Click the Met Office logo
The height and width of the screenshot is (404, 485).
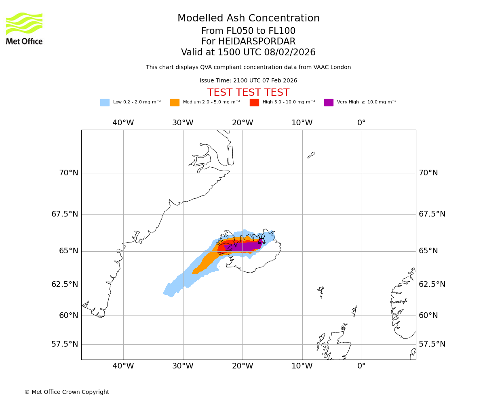pyautogui.click(x=24, y=28)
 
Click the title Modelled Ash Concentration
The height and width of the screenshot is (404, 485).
pyautogui.click(x=248, y=19)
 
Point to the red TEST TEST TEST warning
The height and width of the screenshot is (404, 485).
pyautogui.click(x=248, y=93)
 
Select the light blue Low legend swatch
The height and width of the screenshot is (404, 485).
pyautogui.click(x=105, y=103)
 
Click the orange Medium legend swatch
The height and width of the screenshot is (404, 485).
pyautogui.click(x=175, y=103)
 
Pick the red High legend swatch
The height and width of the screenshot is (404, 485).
pyautogui.click(x=254, y=103)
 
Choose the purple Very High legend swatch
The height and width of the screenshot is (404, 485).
pyautogui.click(x=329, y=103)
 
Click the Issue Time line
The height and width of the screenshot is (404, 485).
pyautogui.click(x=248, y=81)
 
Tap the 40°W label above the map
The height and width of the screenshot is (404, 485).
pyautogui.click(x=123, y=123)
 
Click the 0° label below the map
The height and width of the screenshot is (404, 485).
pyautogui.click(x=361, y=366)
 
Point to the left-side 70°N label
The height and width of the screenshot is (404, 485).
pyautogui.click(x=68, y=173)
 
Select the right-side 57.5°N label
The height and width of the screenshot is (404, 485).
pyautogui.click(x=432, y=344)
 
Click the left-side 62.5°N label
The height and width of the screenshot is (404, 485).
pyautogui.click(x=65, y=284)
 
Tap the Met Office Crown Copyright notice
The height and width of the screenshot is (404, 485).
pyautogui.click(x=67, y=392)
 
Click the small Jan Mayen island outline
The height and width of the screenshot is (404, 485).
pyautogui.click(x=311, y=155)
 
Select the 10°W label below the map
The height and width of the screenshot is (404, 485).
pyautogui.click(x=302, y=366)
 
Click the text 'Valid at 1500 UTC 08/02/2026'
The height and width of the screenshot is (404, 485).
pyautogui.click(x=248, y=53)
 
